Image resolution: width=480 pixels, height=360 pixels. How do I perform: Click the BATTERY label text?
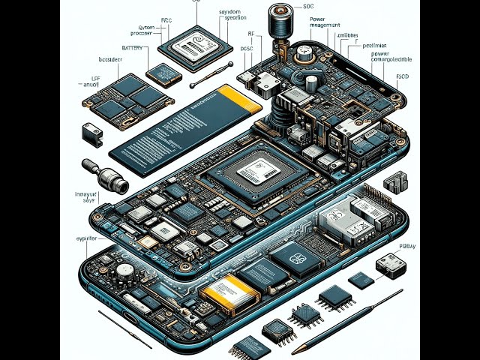click(x=131, y=47)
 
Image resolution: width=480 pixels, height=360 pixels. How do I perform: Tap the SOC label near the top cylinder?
click(x=308, y=6)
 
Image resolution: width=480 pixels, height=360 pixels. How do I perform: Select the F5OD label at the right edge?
click(x=401, y=76)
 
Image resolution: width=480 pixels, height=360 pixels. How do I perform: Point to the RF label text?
click(x=251, y=34)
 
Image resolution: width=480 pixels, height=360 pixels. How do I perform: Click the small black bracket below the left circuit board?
click(x=94, y=136)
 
